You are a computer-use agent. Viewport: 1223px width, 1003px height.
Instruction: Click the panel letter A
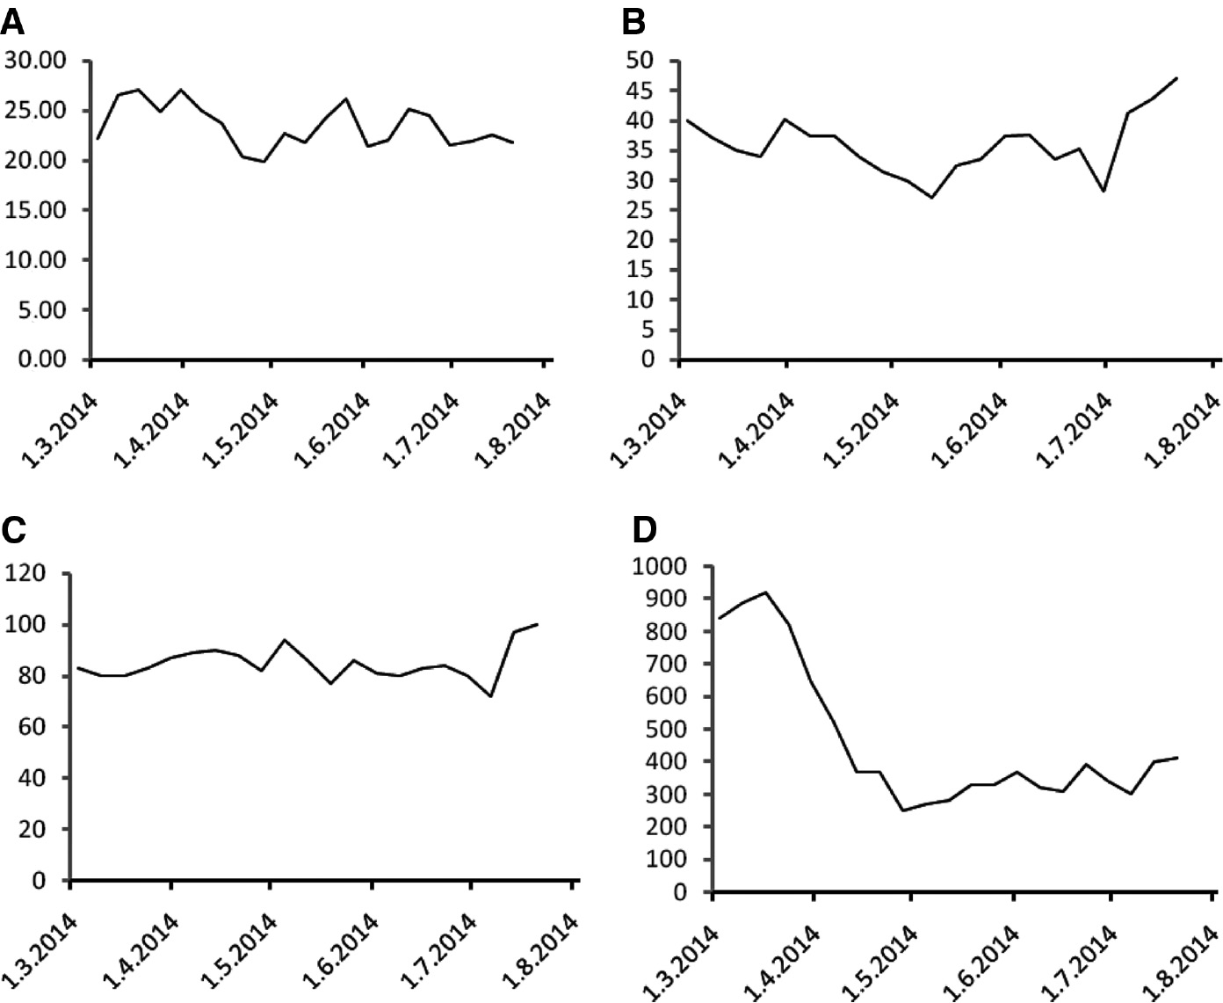[12, 22]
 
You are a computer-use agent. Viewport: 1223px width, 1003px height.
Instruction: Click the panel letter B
[633, 22]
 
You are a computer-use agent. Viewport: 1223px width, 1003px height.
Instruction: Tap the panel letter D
[645, 530]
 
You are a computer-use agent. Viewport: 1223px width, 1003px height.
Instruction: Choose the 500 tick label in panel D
[663, 730]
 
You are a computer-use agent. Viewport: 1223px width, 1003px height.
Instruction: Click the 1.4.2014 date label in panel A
[152, 432]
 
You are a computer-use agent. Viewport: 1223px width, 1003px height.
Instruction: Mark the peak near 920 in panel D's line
[765, 592]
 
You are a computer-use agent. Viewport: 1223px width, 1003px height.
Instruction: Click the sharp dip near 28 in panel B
[1104, 192]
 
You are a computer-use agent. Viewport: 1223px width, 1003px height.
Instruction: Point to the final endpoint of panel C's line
[537, 624]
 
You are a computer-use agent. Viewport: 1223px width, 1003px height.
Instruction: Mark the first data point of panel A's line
[97, 139]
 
